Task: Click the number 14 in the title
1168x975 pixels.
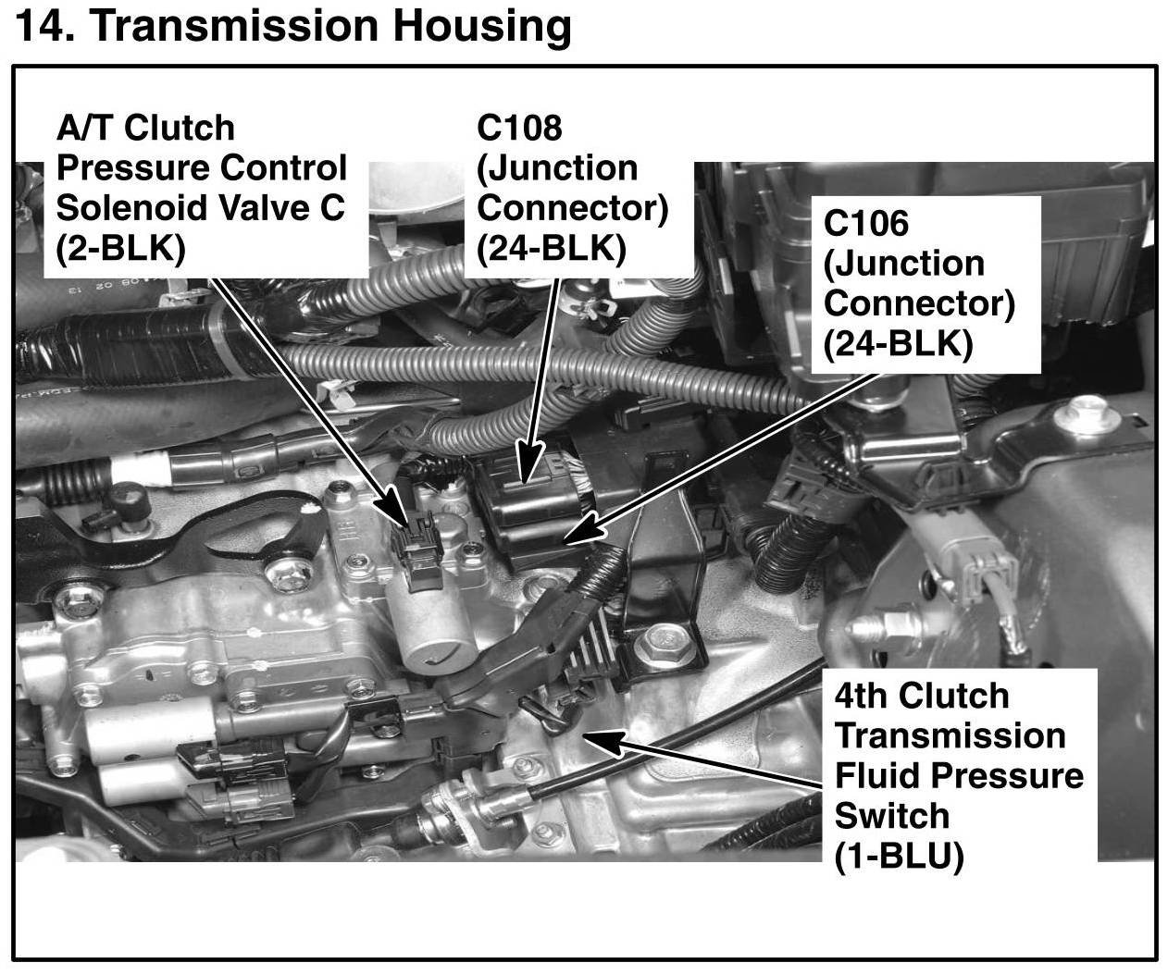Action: pos(41,28)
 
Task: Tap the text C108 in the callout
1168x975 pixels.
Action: pos(519,127)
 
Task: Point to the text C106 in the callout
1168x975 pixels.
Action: pos(866,223)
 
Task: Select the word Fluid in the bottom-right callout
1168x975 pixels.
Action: pos(878,775)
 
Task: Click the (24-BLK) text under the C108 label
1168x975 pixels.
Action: pos(552,248)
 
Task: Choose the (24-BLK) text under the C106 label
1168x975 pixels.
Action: pos(899,344)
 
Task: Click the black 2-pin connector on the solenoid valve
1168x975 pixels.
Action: pos(418,553)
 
